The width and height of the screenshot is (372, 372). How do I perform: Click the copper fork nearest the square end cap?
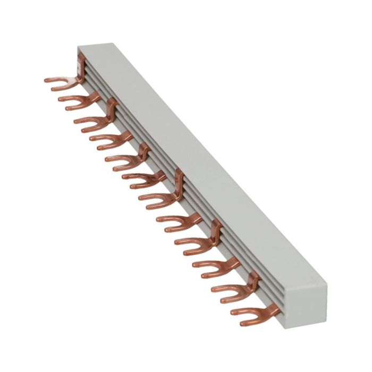tap(250, 314)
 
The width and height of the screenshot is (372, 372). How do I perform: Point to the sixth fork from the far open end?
tap(142, 178)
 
